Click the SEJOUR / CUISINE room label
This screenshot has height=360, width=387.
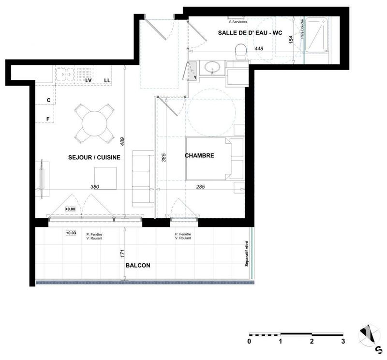[94, 157]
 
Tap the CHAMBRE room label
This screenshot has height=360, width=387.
[199, 156]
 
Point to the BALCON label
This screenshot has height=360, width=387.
[138, 265]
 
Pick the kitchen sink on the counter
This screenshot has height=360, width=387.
[64, 74]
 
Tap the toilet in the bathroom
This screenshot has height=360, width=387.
[239, 51]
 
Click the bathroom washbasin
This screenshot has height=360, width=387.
[211, 67]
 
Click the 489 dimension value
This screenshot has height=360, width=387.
[123, 141]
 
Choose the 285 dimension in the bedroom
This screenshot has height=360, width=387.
[200, 186]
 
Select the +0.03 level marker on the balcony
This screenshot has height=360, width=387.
[72, 233]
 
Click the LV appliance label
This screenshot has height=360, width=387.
[89, 80]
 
